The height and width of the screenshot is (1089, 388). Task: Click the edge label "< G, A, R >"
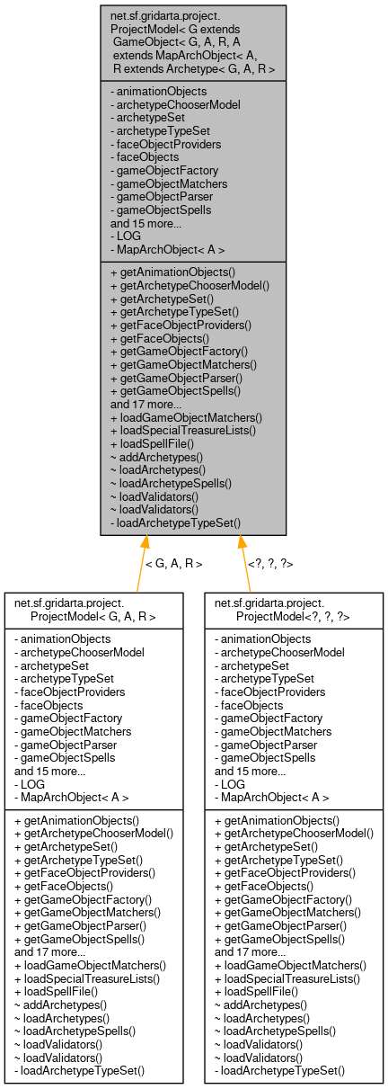[x=173, y=564]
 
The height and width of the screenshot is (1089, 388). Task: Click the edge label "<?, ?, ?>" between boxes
[x=269, y=564]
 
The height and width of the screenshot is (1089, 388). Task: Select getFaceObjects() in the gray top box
[x=159, y=338]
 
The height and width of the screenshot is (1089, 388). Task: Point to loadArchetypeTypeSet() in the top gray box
[x=175, y=522]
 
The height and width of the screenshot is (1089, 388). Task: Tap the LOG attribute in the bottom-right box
[x=231, y=783]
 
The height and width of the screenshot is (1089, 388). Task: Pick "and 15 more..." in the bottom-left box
[x=49, y=771]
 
